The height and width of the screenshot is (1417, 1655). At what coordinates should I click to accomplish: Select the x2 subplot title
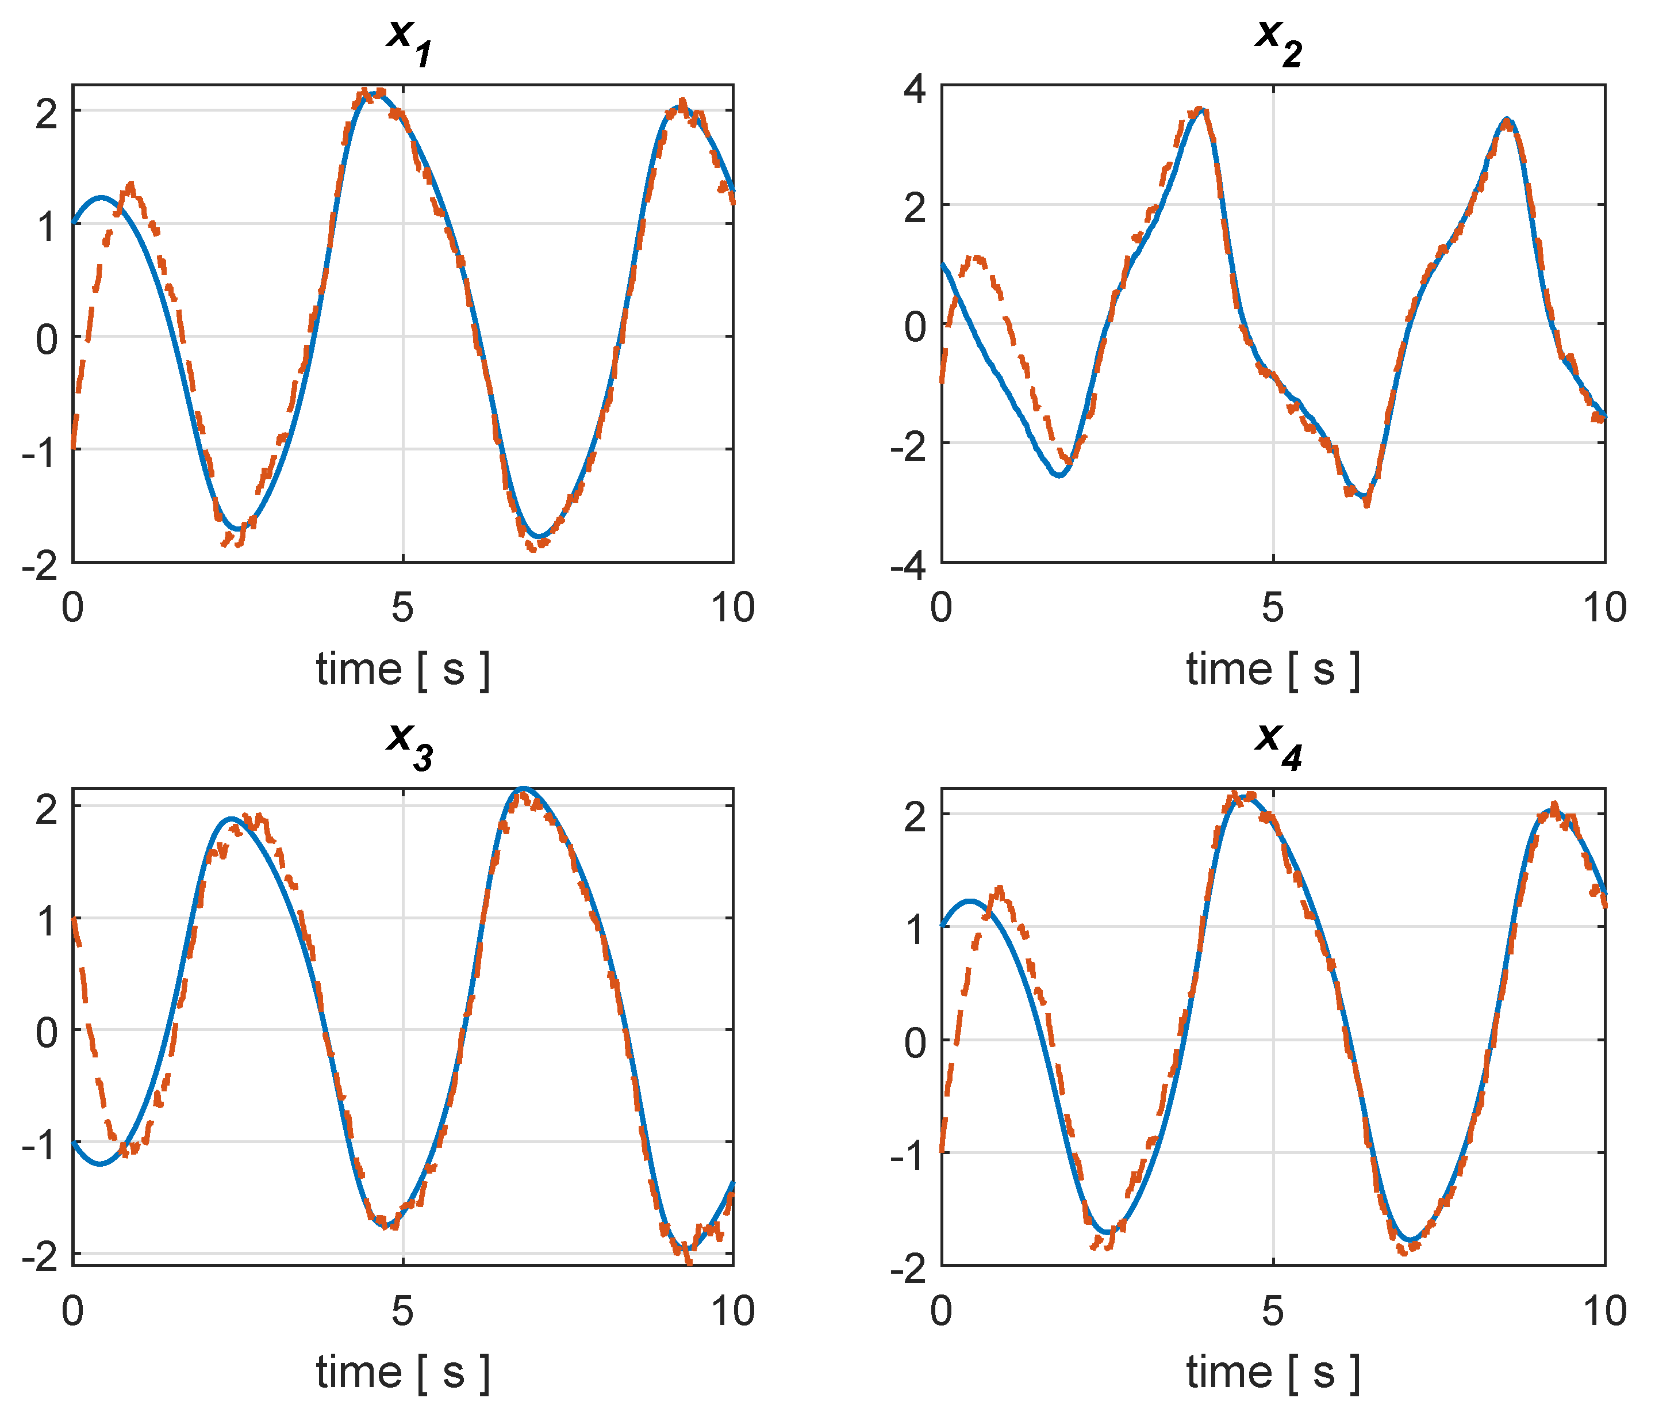pyautogui.click(x=1278, y=40)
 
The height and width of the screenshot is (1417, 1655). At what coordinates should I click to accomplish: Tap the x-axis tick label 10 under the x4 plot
pyautogui.click(x=1604, y=1312)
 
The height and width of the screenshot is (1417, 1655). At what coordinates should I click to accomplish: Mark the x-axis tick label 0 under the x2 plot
pyautogui.click(x=942, y=608)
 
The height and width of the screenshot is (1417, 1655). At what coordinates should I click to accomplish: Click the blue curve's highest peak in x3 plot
pyautogui.click(x=524, y=789)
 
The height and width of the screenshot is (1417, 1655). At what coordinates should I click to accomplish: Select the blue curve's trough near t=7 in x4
pyautogui.click(x=1411, y=1240)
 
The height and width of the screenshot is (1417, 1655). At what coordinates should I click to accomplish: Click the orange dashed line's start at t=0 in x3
pyautogui.click(x=74, y=919)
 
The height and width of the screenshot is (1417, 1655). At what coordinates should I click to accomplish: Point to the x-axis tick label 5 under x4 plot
pyautogui.click(x=1272, y=1312)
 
